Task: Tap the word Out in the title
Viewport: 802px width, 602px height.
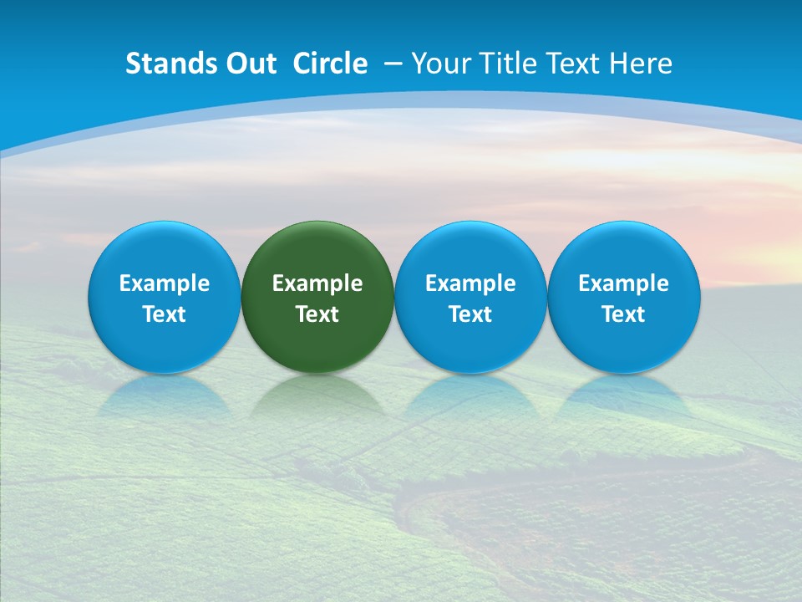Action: coord(249,64)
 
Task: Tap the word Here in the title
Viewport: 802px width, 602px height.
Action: coord(642,64)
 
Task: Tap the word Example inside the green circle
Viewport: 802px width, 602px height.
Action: coord(317,284)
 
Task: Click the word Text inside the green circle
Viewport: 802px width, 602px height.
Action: coord(317,314)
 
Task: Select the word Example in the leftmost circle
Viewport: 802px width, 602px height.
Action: coord(164,284)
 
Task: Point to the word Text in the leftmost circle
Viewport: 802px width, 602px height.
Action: coord(164,314)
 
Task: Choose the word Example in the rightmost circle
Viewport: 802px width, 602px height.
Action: coord(623,284)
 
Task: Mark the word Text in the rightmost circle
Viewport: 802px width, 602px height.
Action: coord(623,314)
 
